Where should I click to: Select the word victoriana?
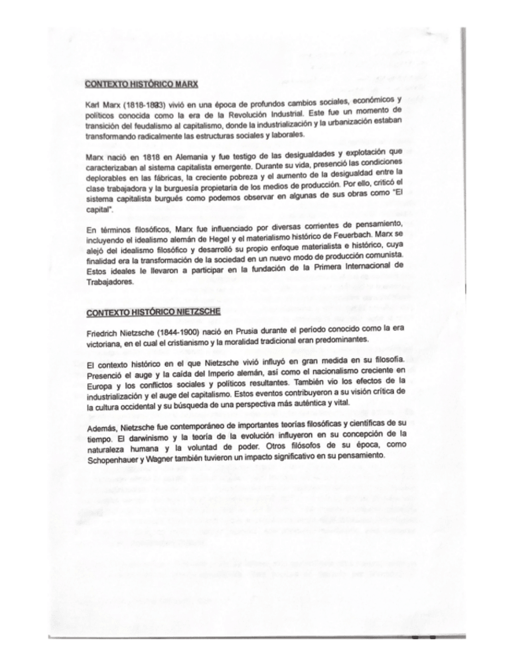[109, 344]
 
